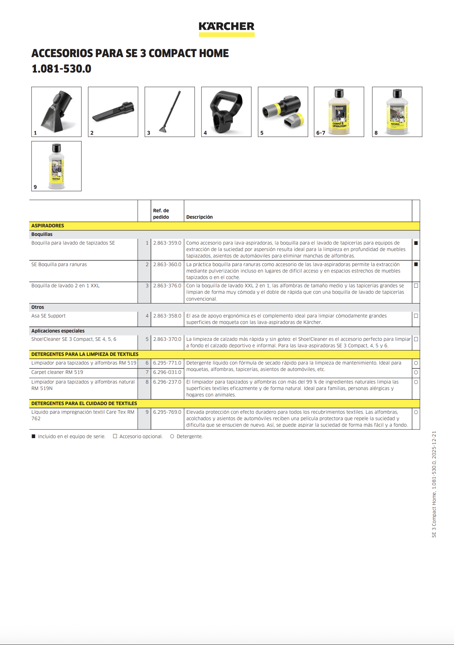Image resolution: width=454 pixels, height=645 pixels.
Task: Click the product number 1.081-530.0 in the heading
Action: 61,69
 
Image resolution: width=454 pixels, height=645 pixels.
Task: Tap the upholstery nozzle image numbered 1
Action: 56,112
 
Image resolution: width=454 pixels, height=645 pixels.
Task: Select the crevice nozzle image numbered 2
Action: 113,112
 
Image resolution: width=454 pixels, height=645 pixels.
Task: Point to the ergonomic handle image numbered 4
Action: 226,112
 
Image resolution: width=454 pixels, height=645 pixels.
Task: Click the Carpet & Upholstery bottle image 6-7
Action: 339,112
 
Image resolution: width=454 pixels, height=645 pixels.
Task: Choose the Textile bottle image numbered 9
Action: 56,166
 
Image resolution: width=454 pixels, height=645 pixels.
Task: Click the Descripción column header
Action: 199,217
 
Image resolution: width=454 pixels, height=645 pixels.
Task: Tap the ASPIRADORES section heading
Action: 48,226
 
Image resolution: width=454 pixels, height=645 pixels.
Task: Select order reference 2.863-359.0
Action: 167,243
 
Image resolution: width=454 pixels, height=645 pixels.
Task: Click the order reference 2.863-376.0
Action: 167,286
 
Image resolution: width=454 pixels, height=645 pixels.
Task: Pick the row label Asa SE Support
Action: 48,316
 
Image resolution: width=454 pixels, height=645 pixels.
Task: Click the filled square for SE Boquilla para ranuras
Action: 416,264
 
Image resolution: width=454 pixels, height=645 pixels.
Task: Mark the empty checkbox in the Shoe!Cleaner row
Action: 416,339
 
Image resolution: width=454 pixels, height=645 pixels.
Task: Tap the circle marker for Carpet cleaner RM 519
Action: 416,372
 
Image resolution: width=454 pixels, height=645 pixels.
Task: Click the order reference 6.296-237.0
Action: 167,382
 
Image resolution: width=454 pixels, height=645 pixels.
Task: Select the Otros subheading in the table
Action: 38,307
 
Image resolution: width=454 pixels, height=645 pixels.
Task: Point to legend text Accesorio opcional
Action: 141,436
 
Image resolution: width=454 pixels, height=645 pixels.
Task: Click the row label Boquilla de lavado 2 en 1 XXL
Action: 65,286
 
